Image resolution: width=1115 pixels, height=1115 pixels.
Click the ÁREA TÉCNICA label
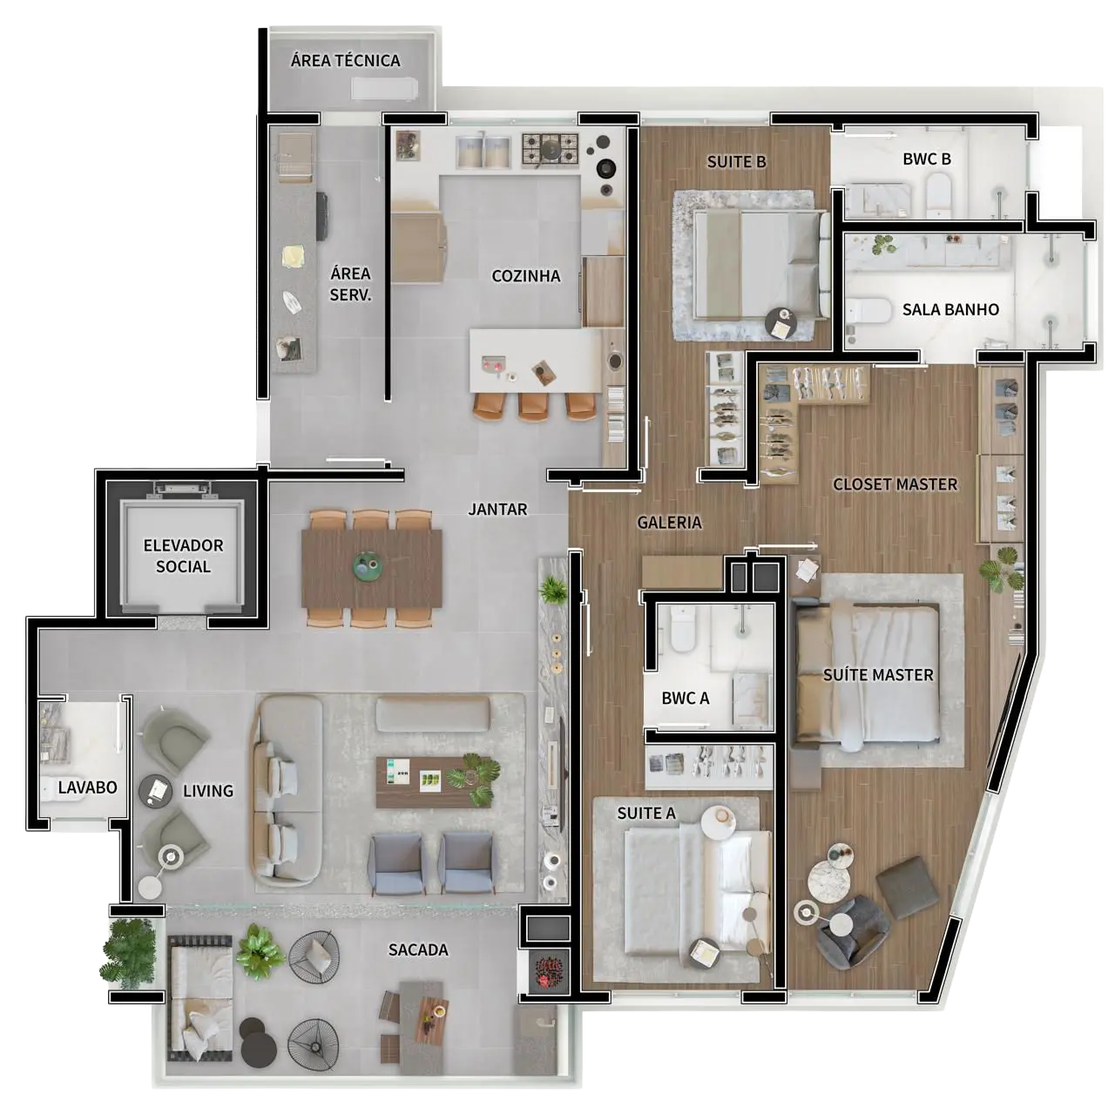tap(345, 60)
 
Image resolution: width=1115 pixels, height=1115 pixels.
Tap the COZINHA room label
tap(525, 276)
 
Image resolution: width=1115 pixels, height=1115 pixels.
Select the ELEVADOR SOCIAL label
tap(183, 556)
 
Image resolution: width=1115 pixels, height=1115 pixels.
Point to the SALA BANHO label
tap(950, 309)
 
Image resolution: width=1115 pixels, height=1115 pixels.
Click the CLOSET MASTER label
tap(895, 484)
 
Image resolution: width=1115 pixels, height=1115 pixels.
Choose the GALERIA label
tap(669, 523)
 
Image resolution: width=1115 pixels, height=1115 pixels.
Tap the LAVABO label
tap(87, 787)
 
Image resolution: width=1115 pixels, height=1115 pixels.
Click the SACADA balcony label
tap(418, 949)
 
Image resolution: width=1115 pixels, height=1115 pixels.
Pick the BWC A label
tap(685, 698)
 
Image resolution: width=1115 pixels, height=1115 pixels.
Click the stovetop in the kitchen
tap(550, 149)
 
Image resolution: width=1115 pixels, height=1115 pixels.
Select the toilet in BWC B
tap(938, 196)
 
